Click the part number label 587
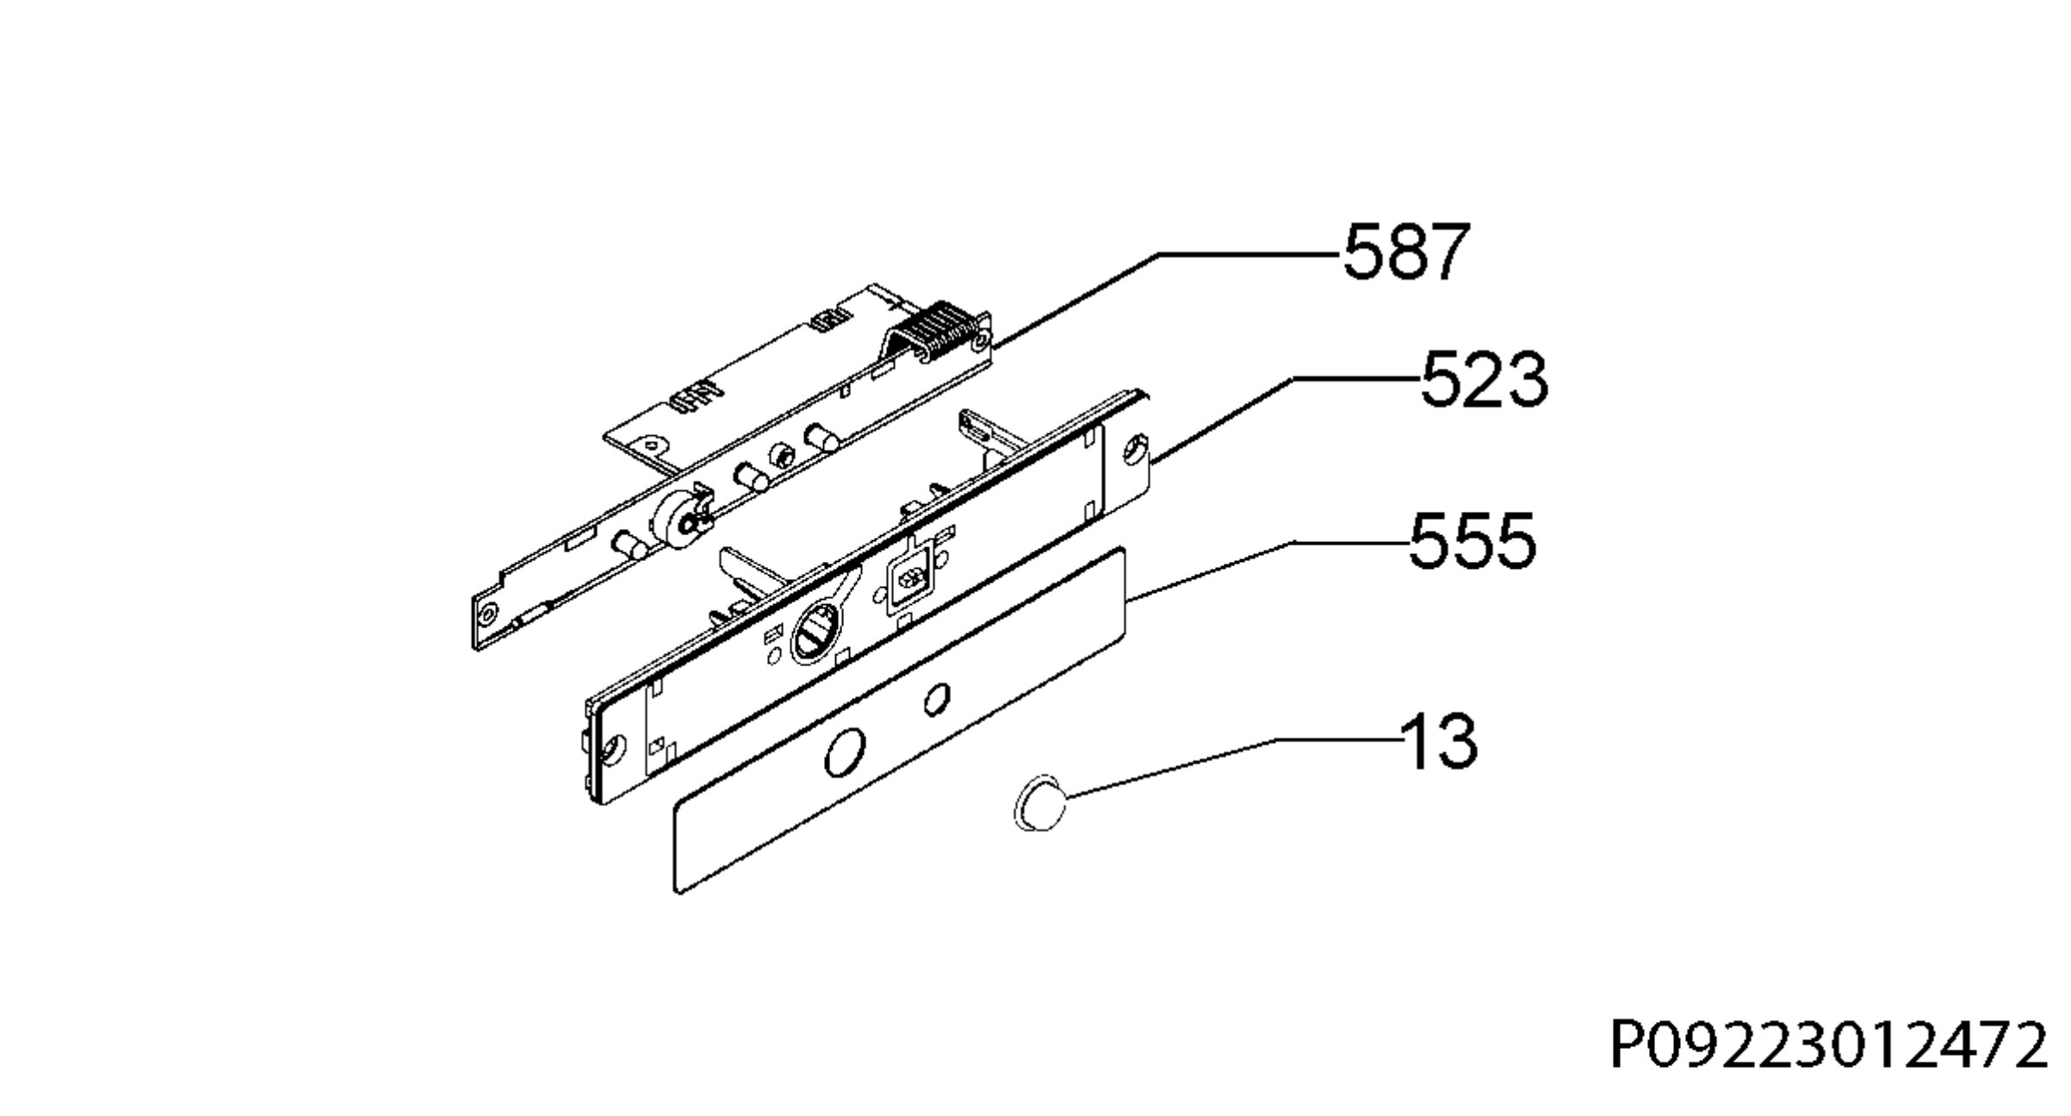click(x=1405, y=251)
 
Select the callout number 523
click(x=1484, y=379)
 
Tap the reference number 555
click(x=1473, y=540)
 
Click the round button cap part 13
click(x=1040, y=803)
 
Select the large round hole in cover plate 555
click(x=844, y=752)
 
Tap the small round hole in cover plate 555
click(x=937, y=699)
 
